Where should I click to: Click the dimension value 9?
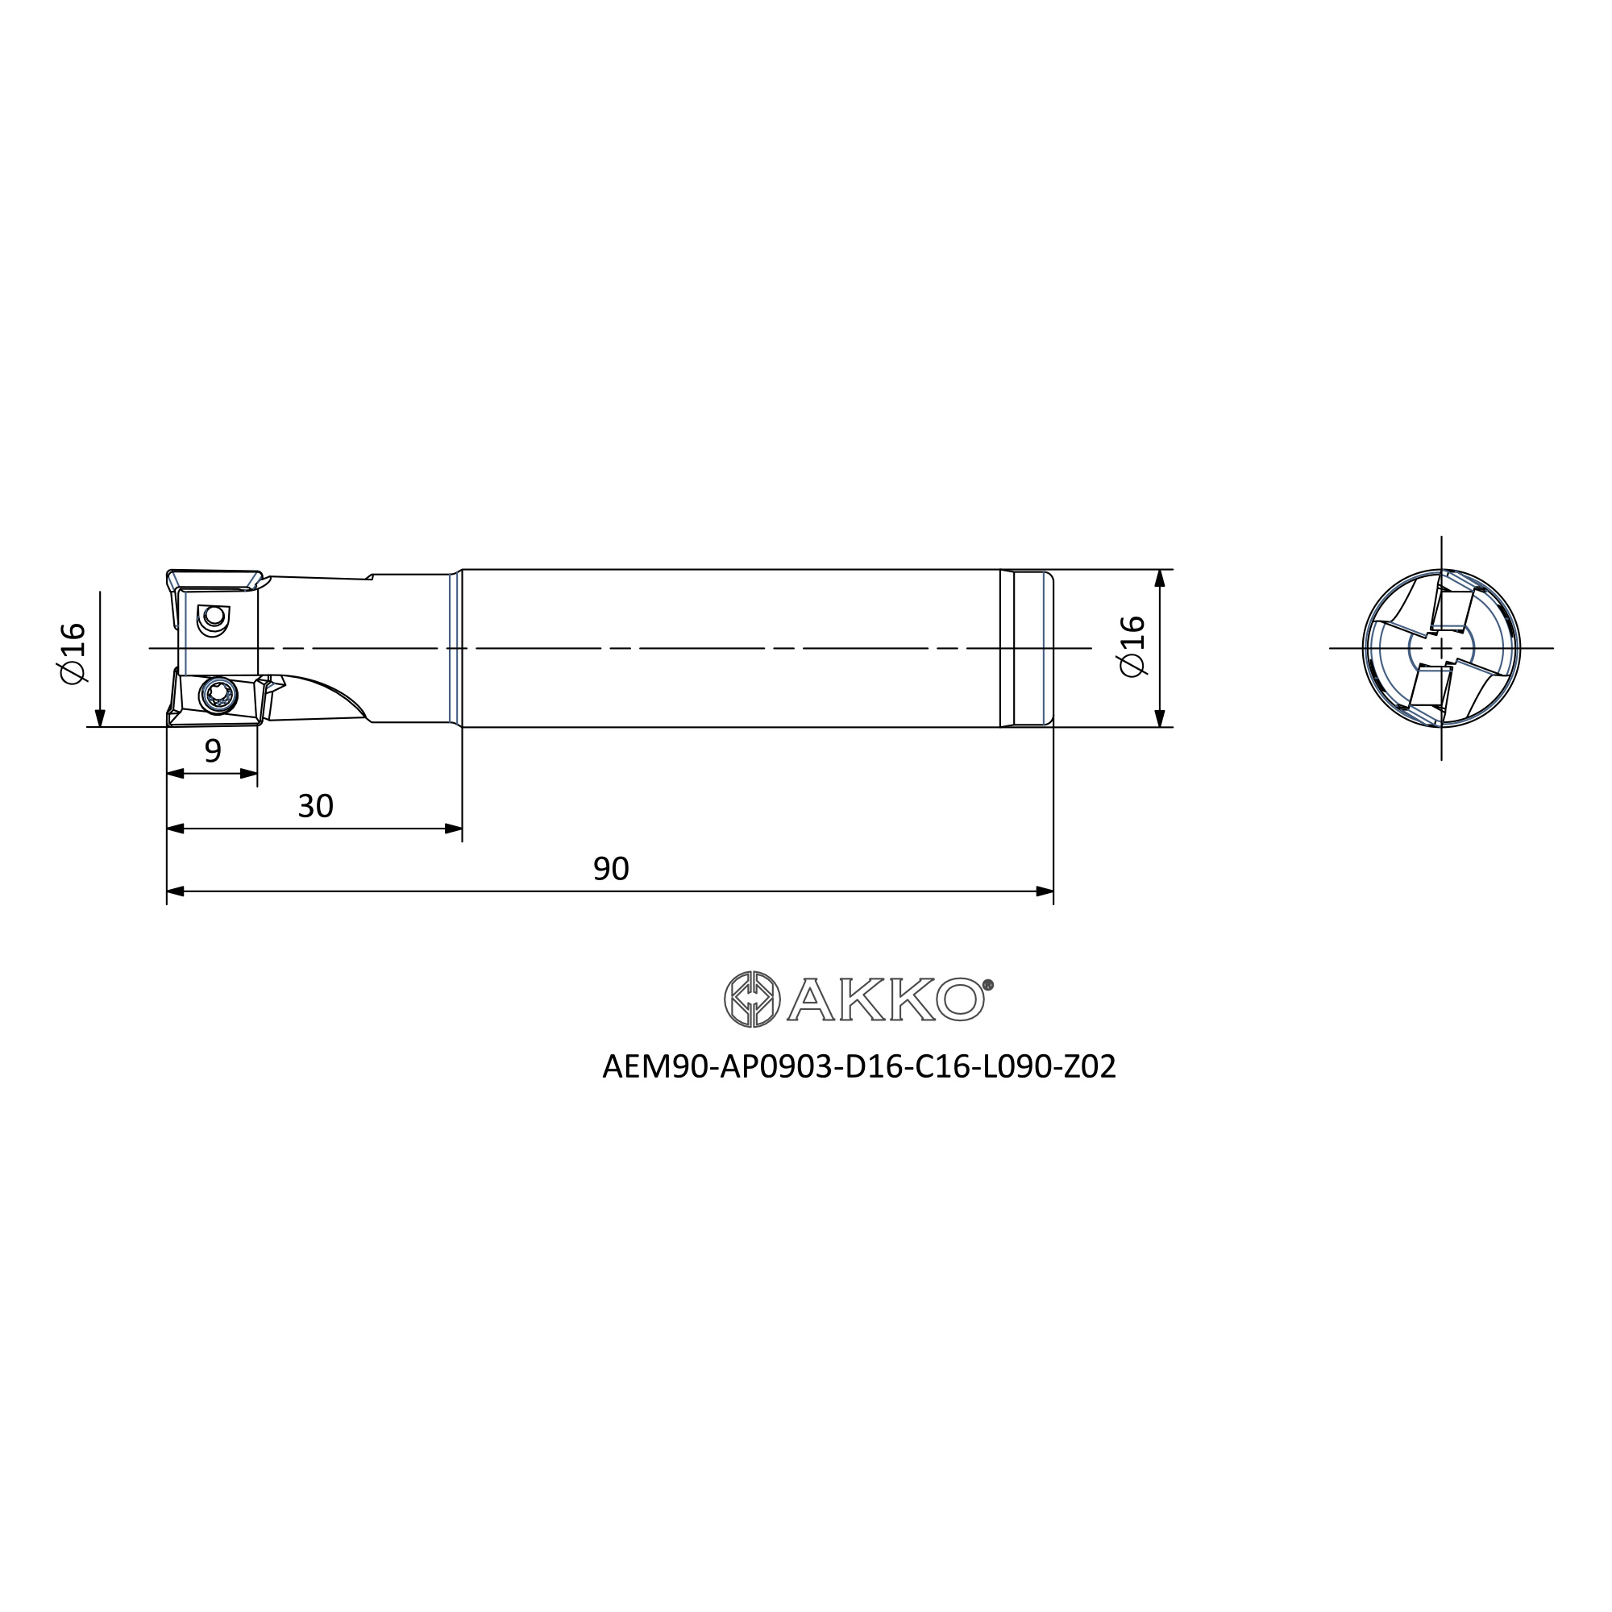click(213, 751)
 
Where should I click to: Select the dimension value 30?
click(315, 806)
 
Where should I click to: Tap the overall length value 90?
click(611, 870)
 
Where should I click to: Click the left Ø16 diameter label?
click(73, 653)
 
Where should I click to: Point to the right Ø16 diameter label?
click(1132, 646)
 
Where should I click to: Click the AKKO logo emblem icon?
click(752, 999)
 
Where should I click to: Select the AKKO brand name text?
click(886, 999)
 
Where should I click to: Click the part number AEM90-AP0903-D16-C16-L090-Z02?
click(858, 1067)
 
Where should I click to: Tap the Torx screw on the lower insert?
click(218, 695)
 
